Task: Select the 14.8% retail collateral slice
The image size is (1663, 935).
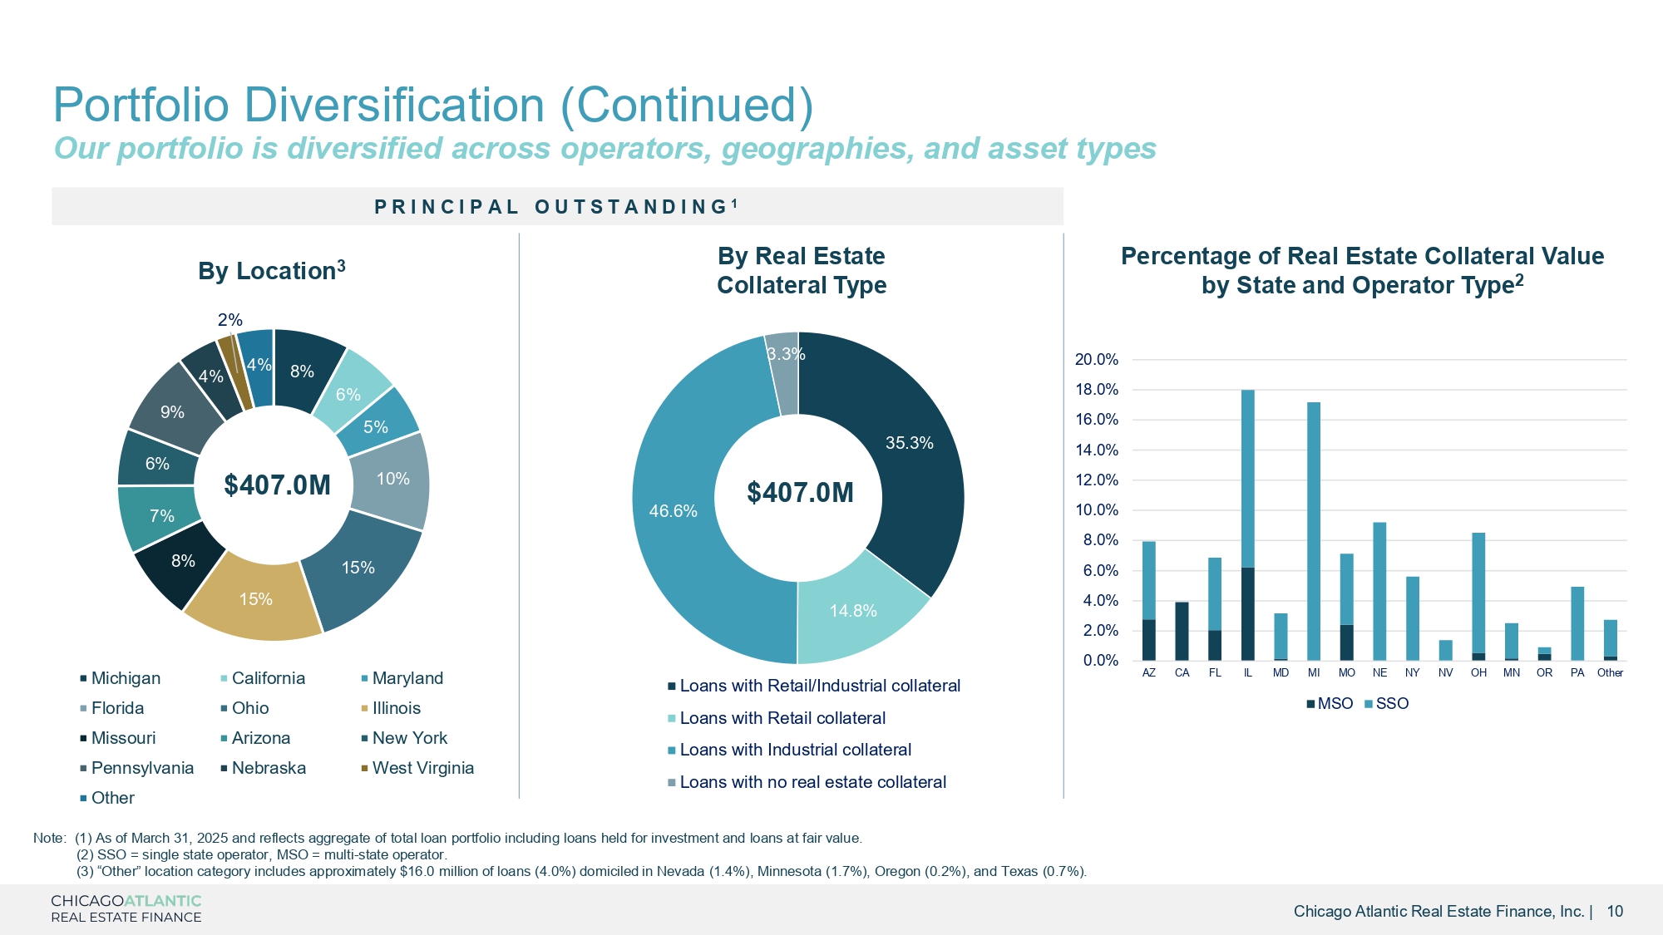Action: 853,610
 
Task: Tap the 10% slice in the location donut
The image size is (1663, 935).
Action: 392,479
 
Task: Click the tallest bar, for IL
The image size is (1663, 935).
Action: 1247,499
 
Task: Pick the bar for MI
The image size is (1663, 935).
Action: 1314,532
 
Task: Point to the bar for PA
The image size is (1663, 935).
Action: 1577,623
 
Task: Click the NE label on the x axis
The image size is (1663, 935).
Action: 1379,672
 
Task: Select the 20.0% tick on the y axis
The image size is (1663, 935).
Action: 1097,360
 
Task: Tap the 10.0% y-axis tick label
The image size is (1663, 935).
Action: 1097,510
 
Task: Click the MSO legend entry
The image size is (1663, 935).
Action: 1330,704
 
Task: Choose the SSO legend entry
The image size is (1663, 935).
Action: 1388,704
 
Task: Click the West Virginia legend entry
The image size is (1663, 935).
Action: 422,768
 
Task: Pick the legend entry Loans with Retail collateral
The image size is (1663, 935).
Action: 782,718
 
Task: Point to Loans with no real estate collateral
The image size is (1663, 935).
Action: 812,782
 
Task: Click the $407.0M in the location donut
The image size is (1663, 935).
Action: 277,485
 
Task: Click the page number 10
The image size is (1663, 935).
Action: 1615,911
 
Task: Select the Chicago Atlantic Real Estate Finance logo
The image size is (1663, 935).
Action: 126,908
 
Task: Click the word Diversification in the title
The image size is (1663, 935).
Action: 393,106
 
